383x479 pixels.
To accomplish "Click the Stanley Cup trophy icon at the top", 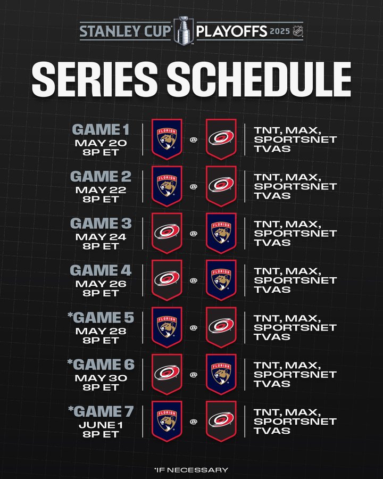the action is click(184, 30).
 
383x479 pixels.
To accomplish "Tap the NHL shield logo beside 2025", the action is click(297, 31).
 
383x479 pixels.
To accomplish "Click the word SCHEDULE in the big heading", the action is click(259, 79).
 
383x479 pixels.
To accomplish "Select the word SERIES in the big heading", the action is click(95, 79).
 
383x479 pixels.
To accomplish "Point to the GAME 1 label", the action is click(101, 129).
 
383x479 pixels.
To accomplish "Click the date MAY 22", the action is click(101, 190).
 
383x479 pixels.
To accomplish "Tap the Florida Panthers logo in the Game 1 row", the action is click(167, 139).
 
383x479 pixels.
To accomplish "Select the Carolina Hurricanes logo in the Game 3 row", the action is click(167, 233).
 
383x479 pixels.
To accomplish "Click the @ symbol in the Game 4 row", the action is click(193, 280).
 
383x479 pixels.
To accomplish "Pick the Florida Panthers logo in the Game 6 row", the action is click(221, 374).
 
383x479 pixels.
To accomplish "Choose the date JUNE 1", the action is click(101, 425).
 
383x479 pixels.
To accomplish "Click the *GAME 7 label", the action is click(101, 411).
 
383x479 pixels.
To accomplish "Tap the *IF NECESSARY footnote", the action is click(191, 469).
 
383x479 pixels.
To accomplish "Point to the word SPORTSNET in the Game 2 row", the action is click(295, 186).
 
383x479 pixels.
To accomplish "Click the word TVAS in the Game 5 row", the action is click(272, 337).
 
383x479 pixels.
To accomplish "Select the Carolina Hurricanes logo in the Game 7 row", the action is click(221, 421).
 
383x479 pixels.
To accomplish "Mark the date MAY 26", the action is click(101, 284).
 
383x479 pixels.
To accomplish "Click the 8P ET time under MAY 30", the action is click(101, 387).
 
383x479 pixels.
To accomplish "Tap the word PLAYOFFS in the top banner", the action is click(232, 31).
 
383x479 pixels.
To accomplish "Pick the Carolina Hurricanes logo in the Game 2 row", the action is click(221, 186).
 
